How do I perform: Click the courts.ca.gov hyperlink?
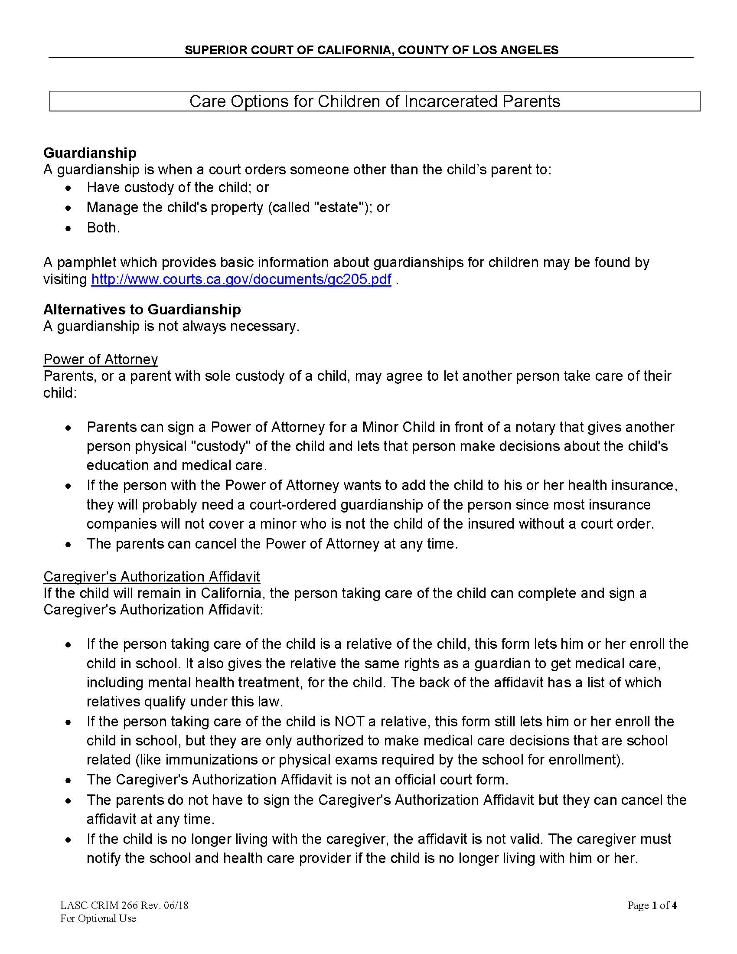(x=241, y=280)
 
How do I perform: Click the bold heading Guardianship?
(x=90, y=153)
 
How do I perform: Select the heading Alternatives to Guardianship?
(x=142, y=310)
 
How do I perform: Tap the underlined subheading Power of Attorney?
(x=101, y=359)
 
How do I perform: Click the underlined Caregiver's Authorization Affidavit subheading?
(x=151, y=577)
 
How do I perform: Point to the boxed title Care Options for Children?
(x=375, y=101)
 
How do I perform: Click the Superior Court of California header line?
(x=371, y=50)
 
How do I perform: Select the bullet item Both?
(x=103, y=228)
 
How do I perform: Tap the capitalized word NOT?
(x=349, y=722)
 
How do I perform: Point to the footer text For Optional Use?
(x=98, y=918)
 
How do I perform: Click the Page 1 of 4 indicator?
(x=652, y=905)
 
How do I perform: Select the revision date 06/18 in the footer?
(x=176, y=905)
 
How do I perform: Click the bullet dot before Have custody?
(x=68, y=188)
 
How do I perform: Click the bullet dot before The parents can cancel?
(x=68, y=545)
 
